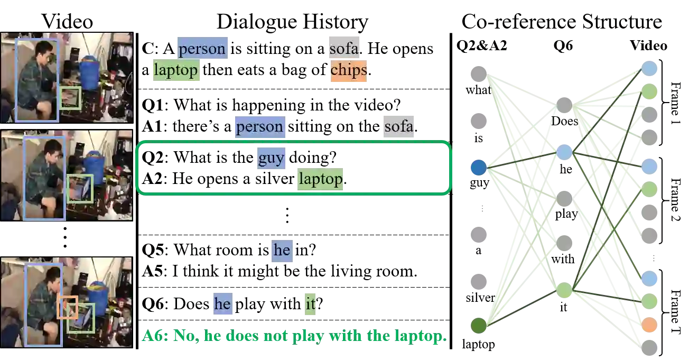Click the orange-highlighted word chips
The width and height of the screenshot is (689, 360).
(x=348, y=70)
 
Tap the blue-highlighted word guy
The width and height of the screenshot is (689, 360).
(x=271, y=158)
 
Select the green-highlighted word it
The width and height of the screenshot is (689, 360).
(x=311, y=304)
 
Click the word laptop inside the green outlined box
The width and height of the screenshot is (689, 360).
(x=321, y=179)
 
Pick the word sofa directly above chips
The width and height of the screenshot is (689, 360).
(x=343, y=49)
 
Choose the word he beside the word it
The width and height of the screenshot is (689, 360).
(x=222, y=304)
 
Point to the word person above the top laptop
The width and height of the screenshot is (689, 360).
(x=202, y=49)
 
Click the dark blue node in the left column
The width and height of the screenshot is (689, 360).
(x=479, y=168)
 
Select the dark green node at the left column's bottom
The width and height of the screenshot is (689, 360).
(x=479, y=325)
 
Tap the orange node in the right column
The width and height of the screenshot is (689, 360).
(x=650, y=325)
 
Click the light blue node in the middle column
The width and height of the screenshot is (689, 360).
(x=564, y=152)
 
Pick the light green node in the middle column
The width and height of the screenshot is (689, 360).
(x=564, y=290)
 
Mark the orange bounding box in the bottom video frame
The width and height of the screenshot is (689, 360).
(x=68, y=307)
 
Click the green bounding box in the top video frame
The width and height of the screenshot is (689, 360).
(x=70, y=98)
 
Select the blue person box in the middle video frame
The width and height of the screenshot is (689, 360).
(x=44, y=178)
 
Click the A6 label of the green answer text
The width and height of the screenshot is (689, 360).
(x=154, y=336)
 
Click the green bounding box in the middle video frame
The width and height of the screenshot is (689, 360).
(x=80, y=189)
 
